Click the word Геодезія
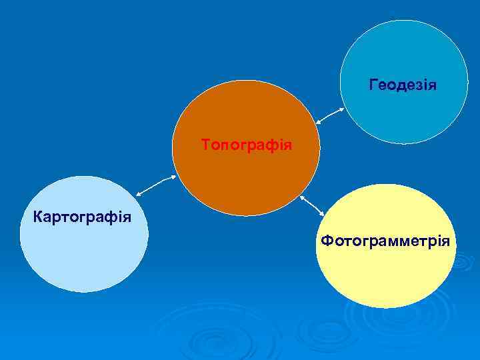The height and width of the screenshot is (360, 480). point(403,85)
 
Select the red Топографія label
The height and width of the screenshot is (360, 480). point(247,144)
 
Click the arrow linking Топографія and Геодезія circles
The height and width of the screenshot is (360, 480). point(329,115)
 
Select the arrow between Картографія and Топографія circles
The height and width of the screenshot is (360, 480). point(155,185)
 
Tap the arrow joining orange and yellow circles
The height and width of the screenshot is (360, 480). point(312,205)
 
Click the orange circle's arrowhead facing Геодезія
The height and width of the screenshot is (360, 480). point(317,121)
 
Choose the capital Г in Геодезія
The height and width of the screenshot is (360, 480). point(373,85)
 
